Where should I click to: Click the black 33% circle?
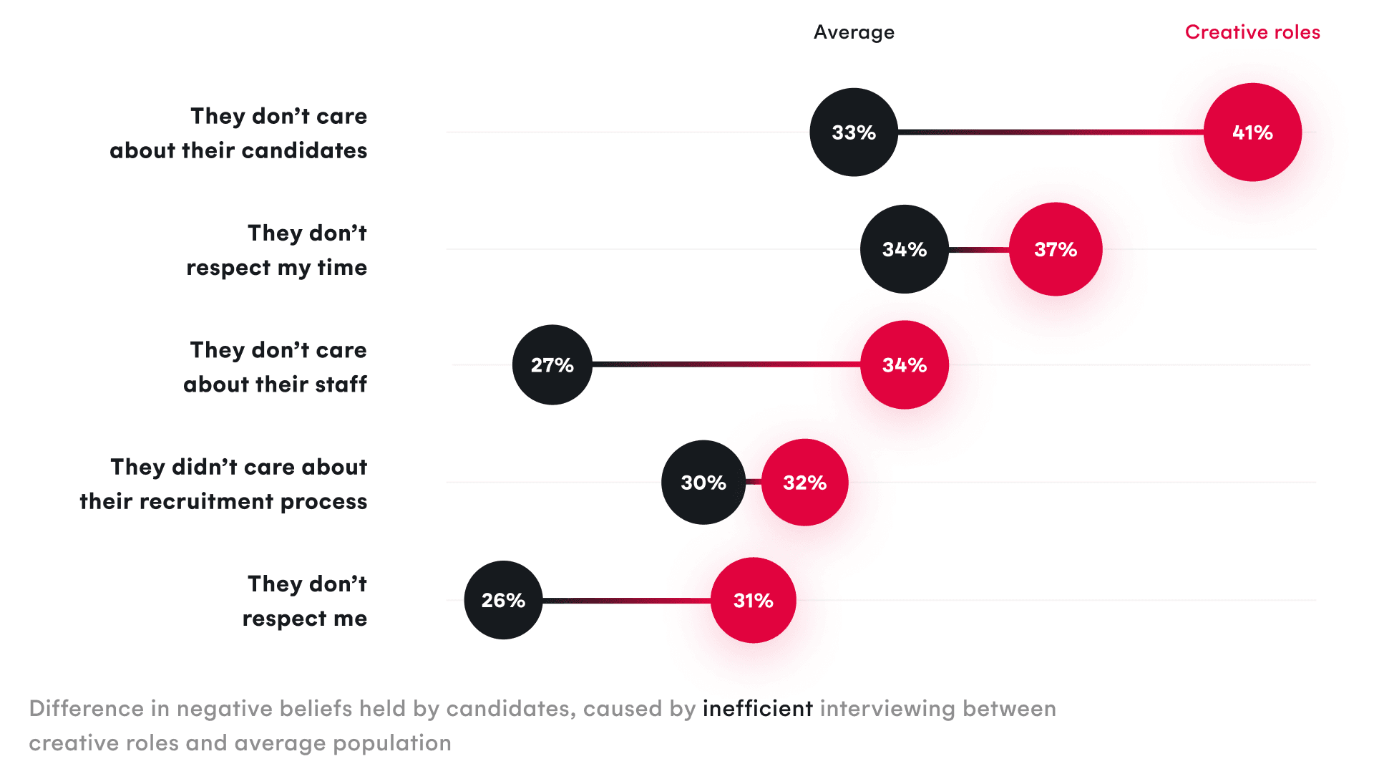pyautogui.click(x=854, y=132)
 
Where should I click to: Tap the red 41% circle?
pyautogui.click(x=1252, y=132)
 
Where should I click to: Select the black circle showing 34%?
pyautogui.click(x=905, y=249)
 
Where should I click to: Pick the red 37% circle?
pyautogui.click(x=1056, y=249)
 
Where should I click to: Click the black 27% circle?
pyautogui.click(x=552, y=365)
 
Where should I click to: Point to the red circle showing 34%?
pyautogui.click(x=905, y=365)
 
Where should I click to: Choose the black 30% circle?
pyautogui.click(x=703, y=483)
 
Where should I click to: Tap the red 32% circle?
pyautogui.click(x=805, y=483)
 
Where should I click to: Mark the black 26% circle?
pyautogui.click(x=503, y=600)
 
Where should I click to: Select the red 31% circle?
pyautogui.click(x=754, y=600)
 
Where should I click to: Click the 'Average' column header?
pyautogui.click(x=854, y=32)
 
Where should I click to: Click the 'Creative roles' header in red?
pyautogui.click(x=1252, y=32)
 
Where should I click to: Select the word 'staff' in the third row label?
pyautogui.click(x=341, y=384)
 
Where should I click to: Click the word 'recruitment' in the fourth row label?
pyautogui.click(x=206, y=501)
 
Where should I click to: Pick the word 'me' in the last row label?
pyautogui.click(x=350, y=619)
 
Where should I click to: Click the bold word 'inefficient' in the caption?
pyautogui.click(x=758, y=708)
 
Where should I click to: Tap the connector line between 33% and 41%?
pyautogui.click(x=1051, y=132)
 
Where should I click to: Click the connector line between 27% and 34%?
pyautogui.click(x=726, y=364)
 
